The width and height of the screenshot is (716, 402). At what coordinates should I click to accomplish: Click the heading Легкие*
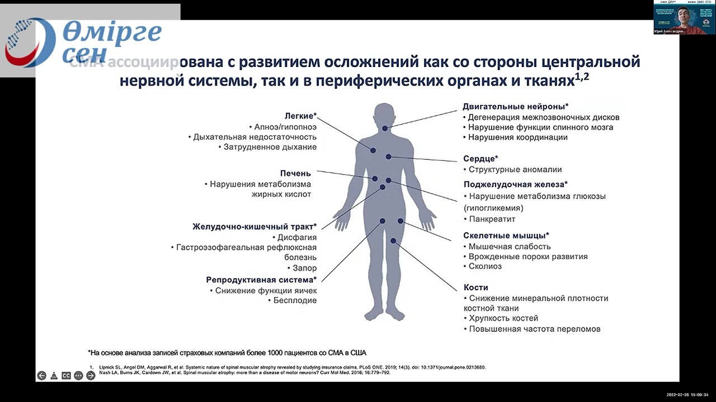click(x=300, y=116)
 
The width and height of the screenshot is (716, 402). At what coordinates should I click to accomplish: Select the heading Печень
click(x=295, y=174)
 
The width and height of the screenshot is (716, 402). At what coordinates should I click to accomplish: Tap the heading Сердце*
click(x=481, y=159)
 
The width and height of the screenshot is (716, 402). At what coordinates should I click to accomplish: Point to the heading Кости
click(x=476, y=288)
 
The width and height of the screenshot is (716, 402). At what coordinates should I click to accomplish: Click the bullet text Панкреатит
click(x=492, y=219)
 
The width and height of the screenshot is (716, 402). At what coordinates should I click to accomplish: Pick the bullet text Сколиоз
click(x=485, y=266)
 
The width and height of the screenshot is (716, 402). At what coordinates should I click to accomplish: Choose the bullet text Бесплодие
click(x=295, y=300)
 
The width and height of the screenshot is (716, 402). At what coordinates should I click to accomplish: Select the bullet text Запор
click(x=305, y=268)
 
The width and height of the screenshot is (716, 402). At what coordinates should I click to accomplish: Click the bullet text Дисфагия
click(x=297, y=237)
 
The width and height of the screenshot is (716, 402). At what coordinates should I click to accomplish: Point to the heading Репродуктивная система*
click(x=261, y=280)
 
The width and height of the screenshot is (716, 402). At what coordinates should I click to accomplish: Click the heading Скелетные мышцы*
click(x=506, y=236)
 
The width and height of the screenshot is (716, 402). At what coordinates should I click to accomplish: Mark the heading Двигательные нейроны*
click(x=515, y=106)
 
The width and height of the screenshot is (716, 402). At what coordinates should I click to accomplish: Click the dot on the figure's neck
click(x=385, y=128)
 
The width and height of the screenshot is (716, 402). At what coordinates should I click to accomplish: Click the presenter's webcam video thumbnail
click(x=684, y=17)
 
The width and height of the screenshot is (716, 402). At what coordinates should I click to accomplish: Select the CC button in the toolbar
click(x=66, y=376)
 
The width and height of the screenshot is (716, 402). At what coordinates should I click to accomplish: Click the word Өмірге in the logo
click(x=112, y=32)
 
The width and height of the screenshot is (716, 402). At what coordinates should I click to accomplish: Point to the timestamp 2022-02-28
click(x=677, y=394)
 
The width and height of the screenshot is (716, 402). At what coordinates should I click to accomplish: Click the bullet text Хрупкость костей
click(x=503, y=318)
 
